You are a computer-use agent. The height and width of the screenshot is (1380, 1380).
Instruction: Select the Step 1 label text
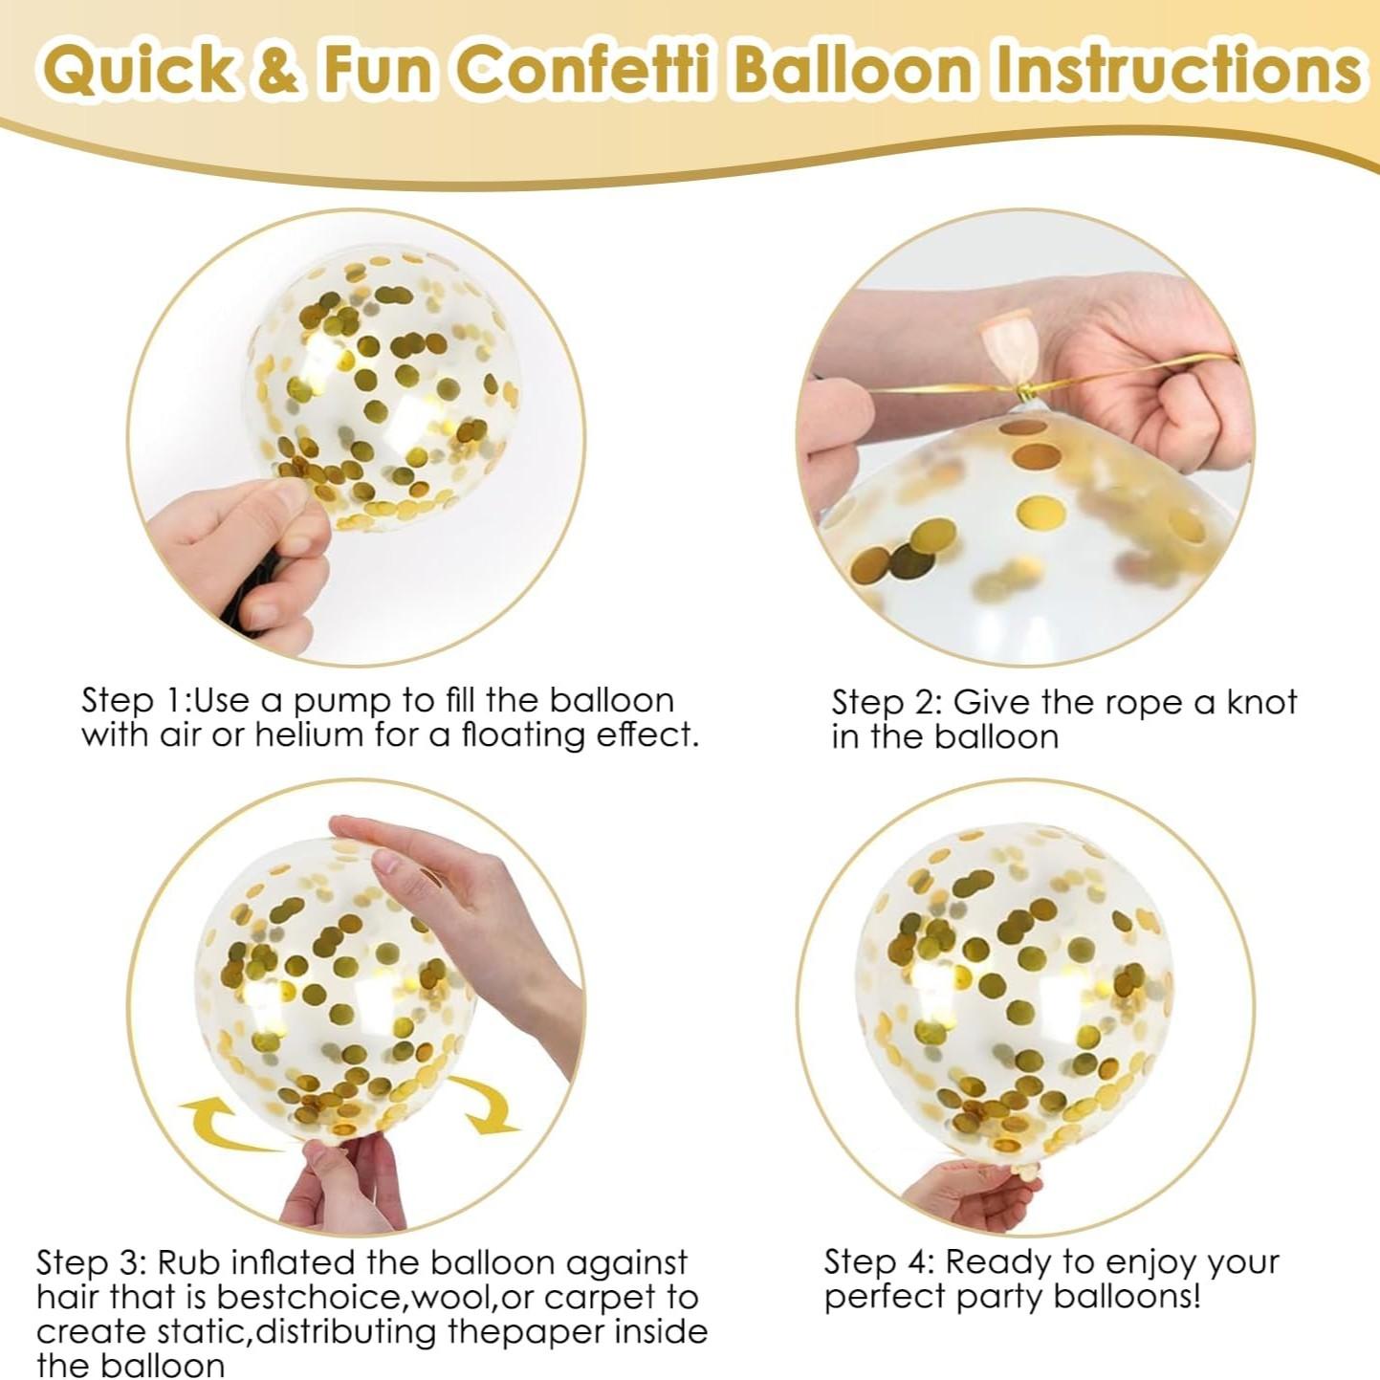(134, 700)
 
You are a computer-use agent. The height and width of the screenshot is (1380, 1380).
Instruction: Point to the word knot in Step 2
(1261, 702)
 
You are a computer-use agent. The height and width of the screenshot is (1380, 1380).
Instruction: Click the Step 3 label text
(91, 1262)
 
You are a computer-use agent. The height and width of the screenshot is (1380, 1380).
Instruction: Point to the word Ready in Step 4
(1002, 1263)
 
